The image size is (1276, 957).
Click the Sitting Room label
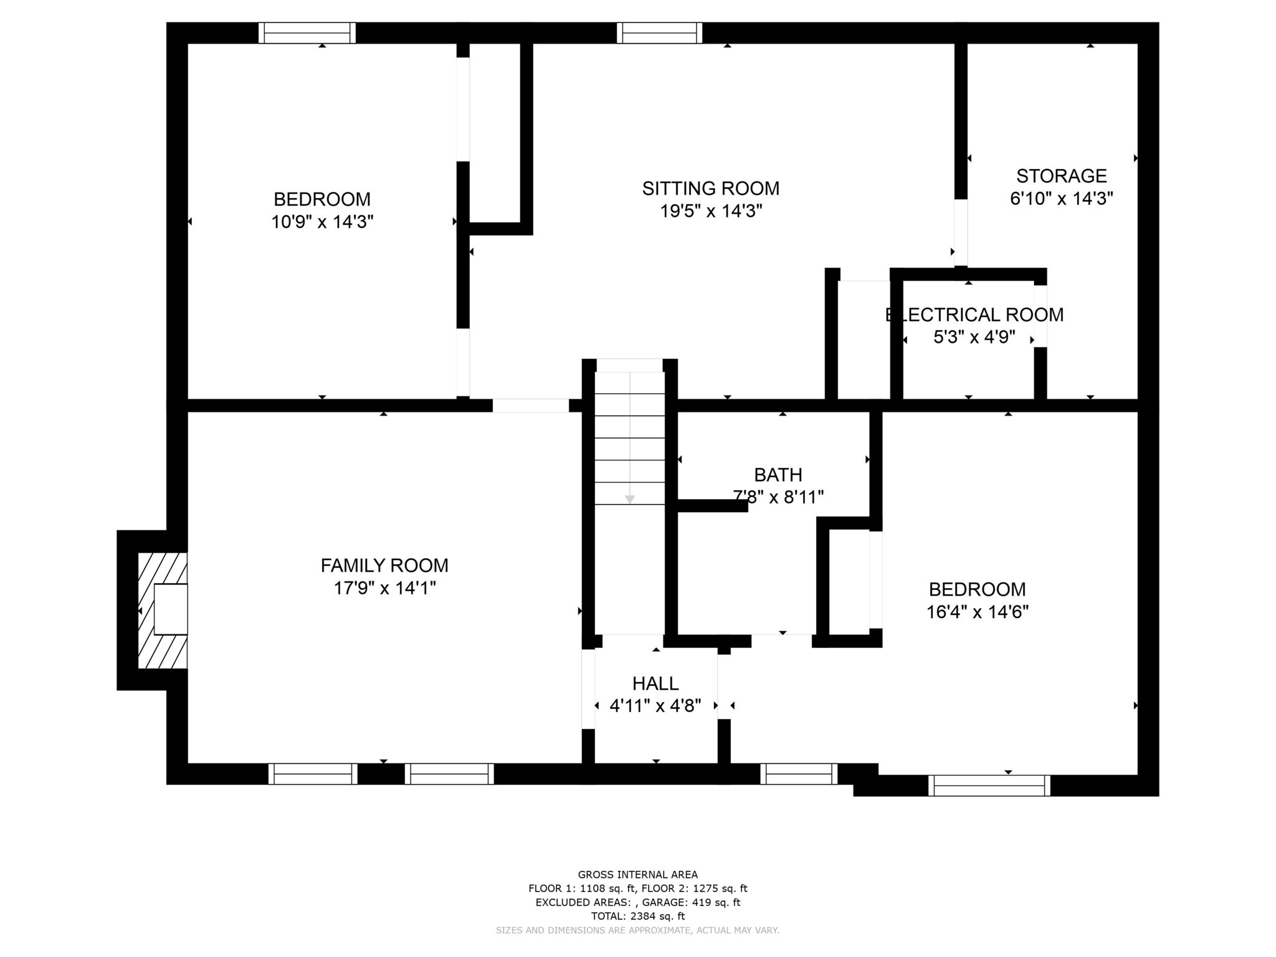711,188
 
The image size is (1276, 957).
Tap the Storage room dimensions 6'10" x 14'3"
1062,199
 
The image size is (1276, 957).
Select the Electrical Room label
974,315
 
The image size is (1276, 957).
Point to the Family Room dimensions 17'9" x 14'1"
384,588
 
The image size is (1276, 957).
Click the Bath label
778,475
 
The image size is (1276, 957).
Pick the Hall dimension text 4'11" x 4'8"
655,706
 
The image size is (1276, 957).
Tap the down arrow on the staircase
630,499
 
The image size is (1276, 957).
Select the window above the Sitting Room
660,33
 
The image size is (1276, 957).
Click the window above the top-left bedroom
307,33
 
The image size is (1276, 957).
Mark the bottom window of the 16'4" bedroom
989,786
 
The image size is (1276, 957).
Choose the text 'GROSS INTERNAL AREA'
638,875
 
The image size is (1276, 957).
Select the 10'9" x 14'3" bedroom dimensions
322,222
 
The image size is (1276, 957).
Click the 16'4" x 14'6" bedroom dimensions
978,612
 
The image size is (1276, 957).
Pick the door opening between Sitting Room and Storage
961,232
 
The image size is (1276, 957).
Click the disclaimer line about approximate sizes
638,930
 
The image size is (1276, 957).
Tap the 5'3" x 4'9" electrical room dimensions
974,337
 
